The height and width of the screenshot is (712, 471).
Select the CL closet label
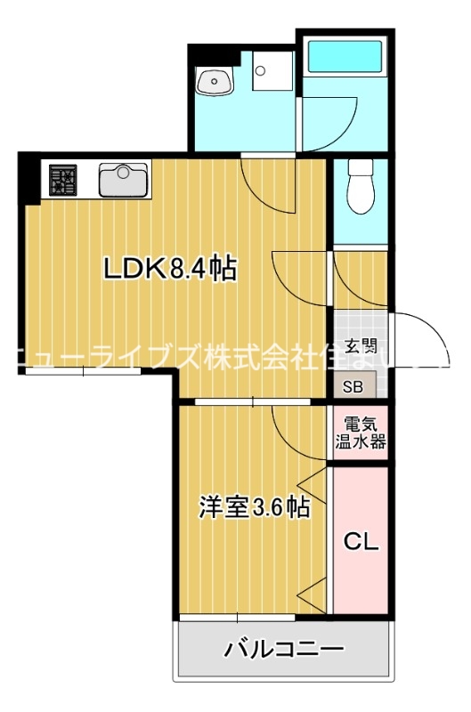[361, 541]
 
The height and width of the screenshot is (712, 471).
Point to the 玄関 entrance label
[361, 347]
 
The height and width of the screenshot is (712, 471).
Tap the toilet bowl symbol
[361, 187]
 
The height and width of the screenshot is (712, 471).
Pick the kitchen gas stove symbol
[63, 181]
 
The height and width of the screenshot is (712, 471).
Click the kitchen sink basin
[125, 180]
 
